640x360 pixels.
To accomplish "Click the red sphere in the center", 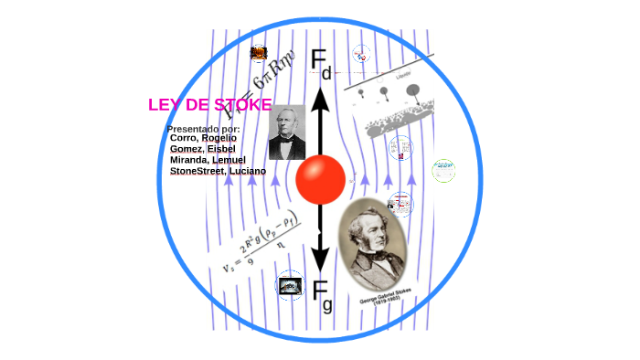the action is click(320, 179).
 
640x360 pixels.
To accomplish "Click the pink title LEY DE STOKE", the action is click(209, 105).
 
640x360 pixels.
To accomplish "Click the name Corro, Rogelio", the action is click(203, 138).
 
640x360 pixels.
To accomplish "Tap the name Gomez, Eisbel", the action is click(203, 149).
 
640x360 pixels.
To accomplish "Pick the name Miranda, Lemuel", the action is click(208, 160).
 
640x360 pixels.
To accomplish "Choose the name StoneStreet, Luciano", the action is click(218, 171).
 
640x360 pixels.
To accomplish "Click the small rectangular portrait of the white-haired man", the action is click(286, 132).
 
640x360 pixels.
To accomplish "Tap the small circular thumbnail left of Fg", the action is click(291, 285).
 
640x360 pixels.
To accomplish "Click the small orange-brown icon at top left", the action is click(259, 53).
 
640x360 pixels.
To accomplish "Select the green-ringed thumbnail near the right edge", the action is click(443, 170).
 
